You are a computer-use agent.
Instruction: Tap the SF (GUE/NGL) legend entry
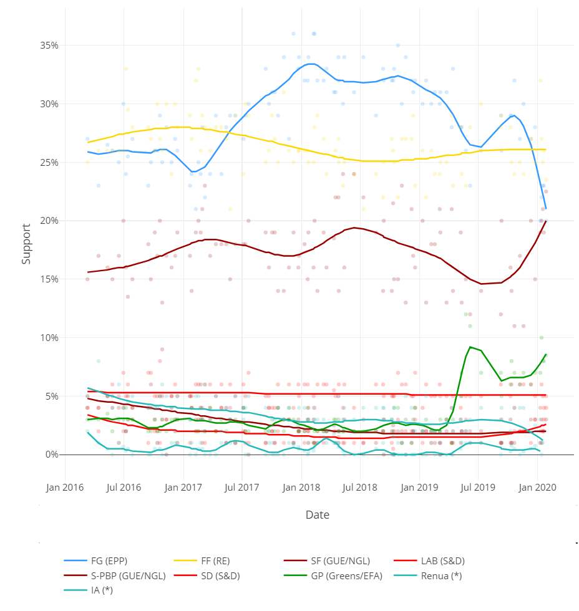point(344,560)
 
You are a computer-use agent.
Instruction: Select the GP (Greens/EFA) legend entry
point(346,575)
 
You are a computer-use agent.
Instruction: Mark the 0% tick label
point(52,455)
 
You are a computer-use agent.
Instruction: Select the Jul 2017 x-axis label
point(241,486)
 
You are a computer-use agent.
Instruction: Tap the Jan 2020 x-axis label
point(537,486)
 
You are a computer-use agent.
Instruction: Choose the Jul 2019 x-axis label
point(478,486)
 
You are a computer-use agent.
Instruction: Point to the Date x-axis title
point(318,515)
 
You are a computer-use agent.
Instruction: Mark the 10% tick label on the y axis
point(50,338)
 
